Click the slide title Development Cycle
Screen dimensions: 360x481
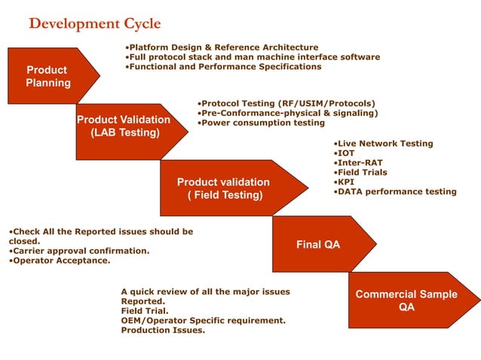click(94, 23)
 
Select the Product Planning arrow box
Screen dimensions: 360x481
click(47, 76)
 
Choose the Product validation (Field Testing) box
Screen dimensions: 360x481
click(224, 188)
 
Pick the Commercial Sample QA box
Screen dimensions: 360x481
click(406, 301)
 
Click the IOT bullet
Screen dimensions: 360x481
click(343, 153)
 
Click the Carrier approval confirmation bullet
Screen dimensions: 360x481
click(79, 251)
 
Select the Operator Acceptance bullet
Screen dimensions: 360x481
click(60, 261)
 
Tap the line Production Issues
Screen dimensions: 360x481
click(163, 330)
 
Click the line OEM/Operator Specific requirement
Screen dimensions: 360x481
click(204, 320)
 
